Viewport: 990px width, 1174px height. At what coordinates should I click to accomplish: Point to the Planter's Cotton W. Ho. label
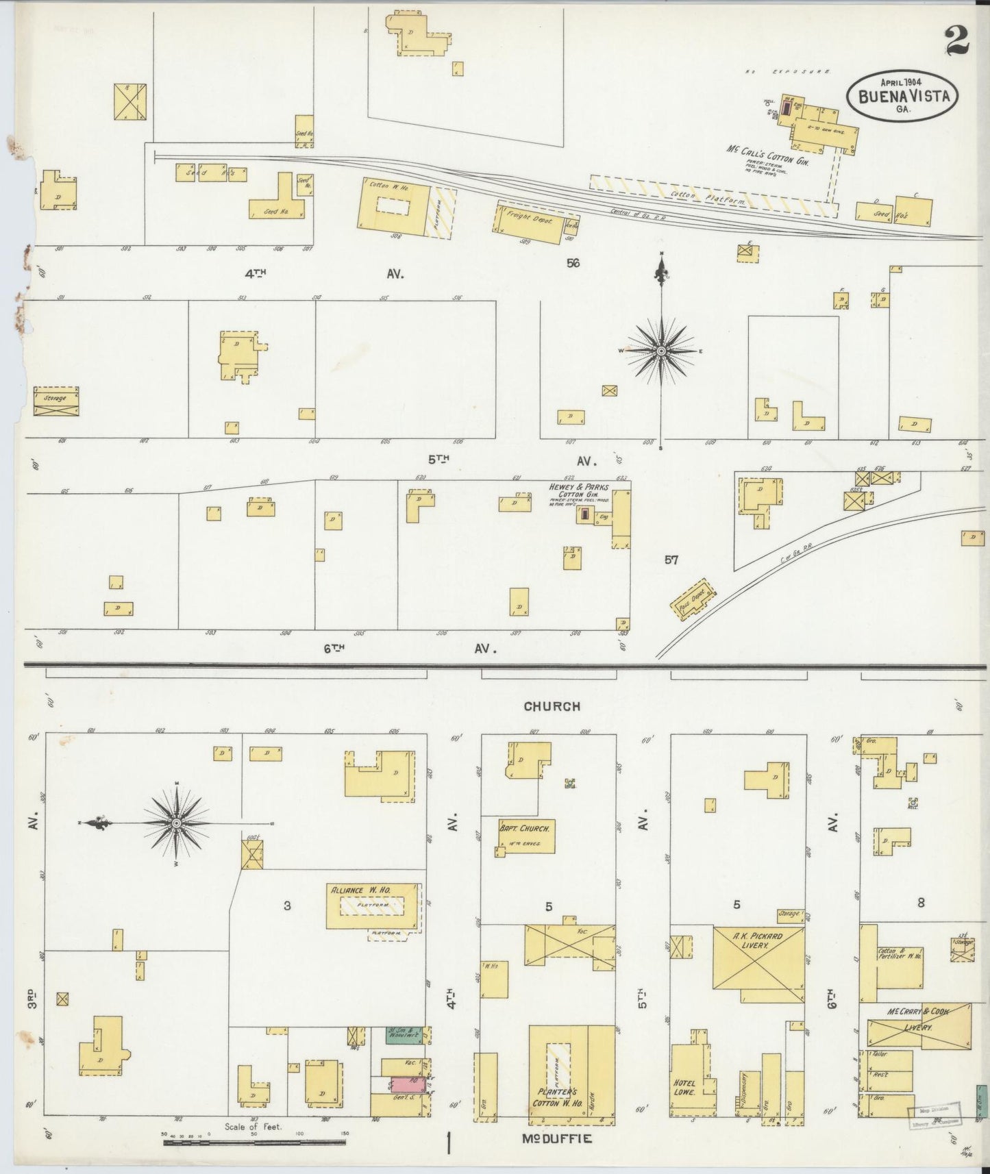pyautogui.click(x=558, y=1103)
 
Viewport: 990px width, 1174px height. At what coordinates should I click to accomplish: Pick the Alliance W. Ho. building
pyautogui.click(x=373, y=906)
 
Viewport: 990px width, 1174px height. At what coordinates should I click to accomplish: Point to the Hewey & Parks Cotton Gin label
pyautogui.click(x=578, y=490)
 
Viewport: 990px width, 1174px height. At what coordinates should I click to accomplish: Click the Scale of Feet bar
pyautogui.click(x=253, y=1142)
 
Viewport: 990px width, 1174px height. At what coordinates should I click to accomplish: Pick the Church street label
pyautogui.click(x=552, y=706)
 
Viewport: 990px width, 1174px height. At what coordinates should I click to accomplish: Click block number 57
pyautogui.click(x=671, y=560)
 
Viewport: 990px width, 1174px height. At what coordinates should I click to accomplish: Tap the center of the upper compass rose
pyautogui.click(x=661, y=351)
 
